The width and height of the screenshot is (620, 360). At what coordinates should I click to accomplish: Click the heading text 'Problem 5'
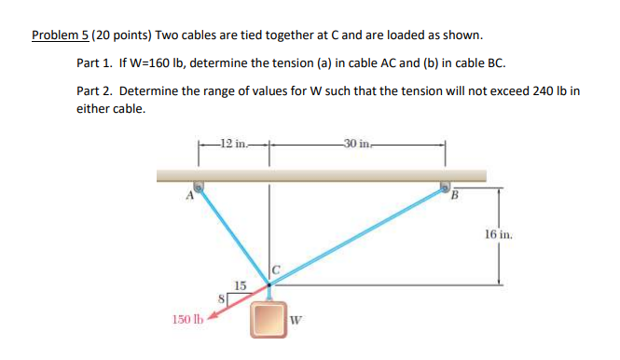(x=61, y=35)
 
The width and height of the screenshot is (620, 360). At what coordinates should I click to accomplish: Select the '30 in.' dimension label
(x=356, y=143)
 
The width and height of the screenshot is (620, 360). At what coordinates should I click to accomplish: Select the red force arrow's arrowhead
(x=212, y=315)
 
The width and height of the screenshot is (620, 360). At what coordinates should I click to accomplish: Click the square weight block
(x=269, y=317)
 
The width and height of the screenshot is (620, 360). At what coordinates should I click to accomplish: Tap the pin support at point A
(x=199, y=185)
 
